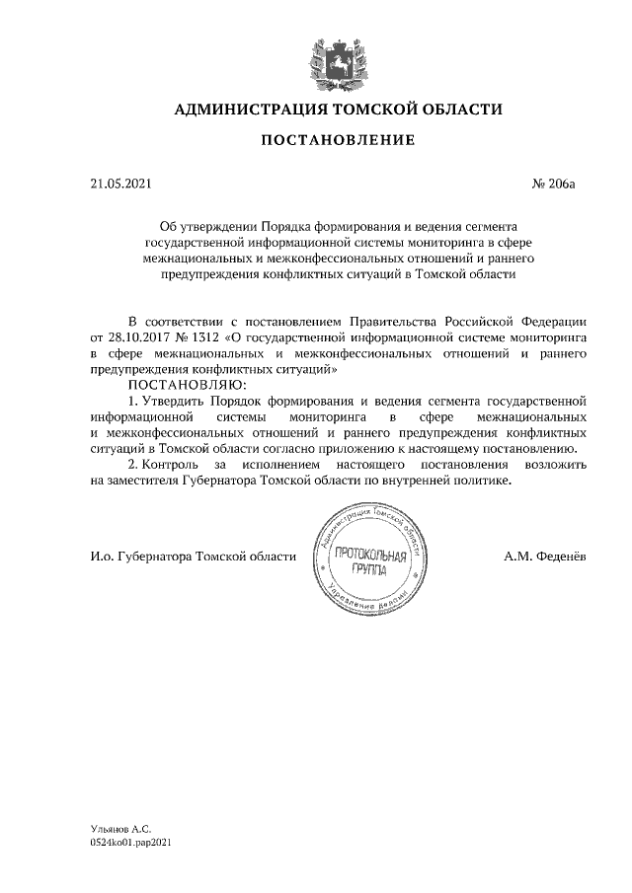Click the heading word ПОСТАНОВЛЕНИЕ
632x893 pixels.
tap(338, 141)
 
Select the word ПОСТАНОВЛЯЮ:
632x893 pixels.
tap(185, 384)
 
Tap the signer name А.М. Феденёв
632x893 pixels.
tap(543, 557)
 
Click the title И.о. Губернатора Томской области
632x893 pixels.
tap(192, 557)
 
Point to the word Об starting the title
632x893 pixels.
tap(170, 226)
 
